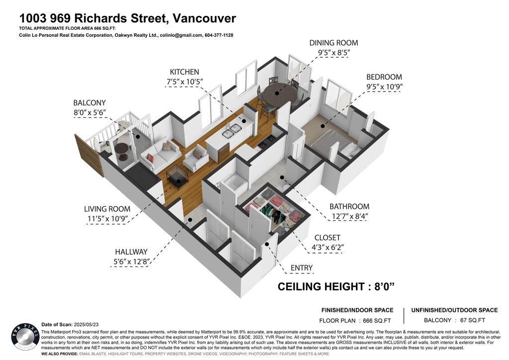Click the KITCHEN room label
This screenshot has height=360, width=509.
184,72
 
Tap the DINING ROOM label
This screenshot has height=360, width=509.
334,43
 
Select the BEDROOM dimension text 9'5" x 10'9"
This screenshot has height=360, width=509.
384,87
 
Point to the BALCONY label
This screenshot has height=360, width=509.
89,103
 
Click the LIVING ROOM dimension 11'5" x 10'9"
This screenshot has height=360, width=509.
107,218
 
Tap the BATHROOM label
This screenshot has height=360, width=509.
349,206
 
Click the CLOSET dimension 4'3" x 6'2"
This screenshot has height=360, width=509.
329,247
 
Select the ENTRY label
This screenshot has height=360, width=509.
302,268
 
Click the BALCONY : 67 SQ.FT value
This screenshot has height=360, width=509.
454,321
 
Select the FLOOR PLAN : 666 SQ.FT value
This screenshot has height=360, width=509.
356,321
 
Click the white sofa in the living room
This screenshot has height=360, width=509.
160,153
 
